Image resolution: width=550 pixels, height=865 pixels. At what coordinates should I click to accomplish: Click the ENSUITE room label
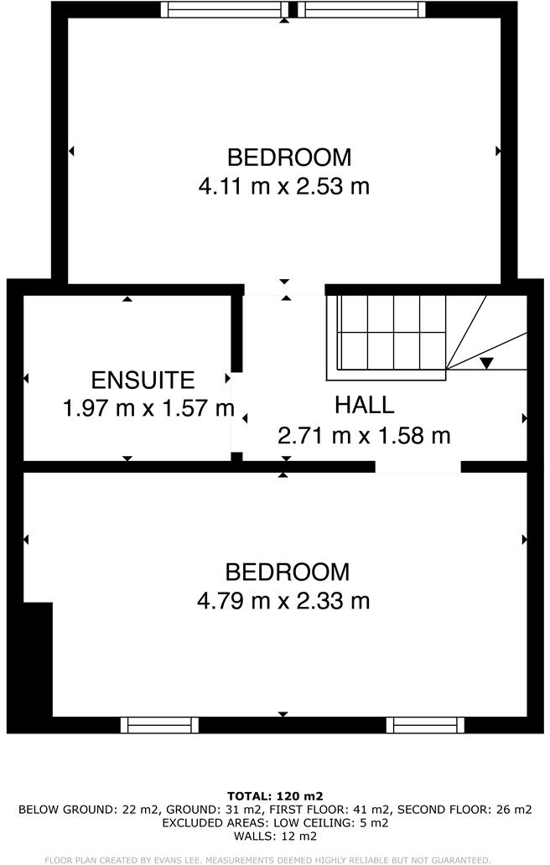point(143,380)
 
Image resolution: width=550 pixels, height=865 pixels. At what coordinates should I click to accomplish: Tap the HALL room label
point(364,405)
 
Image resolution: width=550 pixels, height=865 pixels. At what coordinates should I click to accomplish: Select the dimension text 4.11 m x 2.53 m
point(283,186)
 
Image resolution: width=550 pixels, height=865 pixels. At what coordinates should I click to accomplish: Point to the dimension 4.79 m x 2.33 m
point(283,601)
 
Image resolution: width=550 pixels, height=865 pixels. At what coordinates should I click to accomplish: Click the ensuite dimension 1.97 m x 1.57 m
point(148,409)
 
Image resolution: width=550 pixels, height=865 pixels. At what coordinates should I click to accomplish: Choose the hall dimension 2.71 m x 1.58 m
point(364,436)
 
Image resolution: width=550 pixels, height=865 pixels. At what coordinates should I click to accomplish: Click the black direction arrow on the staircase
point(486,362)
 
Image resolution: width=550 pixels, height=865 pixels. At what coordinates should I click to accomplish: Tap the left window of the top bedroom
point(224,9)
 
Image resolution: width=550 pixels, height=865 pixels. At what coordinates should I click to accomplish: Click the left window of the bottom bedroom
point(159,725)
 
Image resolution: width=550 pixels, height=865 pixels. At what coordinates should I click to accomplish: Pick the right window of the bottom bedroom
point(425,725)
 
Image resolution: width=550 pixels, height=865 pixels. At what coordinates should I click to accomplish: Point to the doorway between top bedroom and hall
point(283,290)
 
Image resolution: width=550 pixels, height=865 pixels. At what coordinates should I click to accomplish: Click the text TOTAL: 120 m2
point(275,795)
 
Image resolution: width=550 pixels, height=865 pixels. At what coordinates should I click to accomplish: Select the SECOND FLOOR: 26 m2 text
point(464,810)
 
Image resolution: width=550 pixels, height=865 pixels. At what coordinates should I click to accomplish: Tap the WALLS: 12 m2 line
point(275,836)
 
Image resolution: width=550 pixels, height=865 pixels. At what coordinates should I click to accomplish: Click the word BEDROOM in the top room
point(289,157)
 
